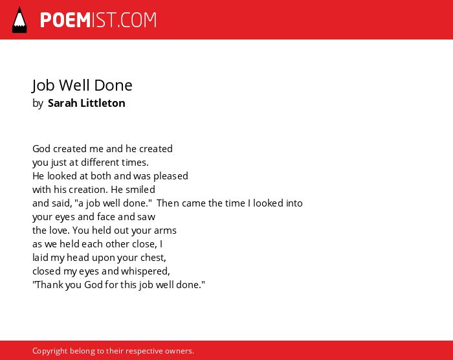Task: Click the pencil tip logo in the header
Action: (19, 20)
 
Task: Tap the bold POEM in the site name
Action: (65, 20)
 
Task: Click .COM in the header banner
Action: (137, 20)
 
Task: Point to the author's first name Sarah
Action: (62, 103)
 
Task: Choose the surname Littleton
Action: (102, 103)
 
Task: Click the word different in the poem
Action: (100, 163)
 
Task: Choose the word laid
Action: (40, 258)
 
